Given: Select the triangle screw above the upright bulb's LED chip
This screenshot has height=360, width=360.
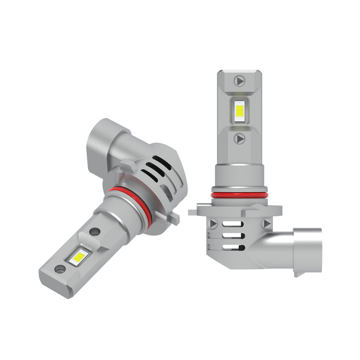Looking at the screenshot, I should coord(239,81).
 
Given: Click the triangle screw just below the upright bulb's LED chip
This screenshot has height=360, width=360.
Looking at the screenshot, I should coord(240,138).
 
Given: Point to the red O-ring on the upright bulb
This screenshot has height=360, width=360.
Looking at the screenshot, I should coord(239,195).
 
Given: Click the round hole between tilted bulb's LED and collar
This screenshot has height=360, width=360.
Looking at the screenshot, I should coord(95,232).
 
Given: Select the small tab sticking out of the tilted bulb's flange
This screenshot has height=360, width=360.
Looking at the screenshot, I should coord(175,218).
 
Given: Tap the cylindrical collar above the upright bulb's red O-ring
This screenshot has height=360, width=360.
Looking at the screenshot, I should coord(239,176).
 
